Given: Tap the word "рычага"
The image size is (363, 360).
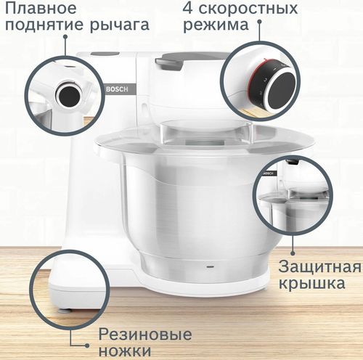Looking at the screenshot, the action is (119, 25).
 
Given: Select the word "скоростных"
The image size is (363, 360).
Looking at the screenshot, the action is (248, 9).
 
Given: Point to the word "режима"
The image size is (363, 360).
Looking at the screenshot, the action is (216, 25).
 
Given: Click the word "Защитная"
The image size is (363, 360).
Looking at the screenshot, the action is (319, 266).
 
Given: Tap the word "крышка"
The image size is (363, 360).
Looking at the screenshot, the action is (312, 283).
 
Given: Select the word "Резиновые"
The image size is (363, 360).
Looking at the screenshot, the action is (145, 335).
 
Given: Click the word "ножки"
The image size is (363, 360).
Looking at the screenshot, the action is (125, 351).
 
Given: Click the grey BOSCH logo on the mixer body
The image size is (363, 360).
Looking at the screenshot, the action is (117, 89).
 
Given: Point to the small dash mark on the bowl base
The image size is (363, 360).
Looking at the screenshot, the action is (210, 267).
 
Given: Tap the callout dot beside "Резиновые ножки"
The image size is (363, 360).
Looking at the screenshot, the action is (87, 345).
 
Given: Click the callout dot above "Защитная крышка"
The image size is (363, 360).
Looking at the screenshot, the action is (293, 253).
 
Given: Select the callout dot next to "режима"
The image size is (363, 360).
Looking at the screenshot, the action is (259, 22).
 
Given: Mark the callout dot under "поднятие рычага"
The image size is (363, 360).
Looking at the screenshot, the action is (65, 36).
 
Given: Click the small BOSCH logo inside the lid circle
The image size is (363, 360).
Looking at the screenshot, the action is (269, 173).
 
